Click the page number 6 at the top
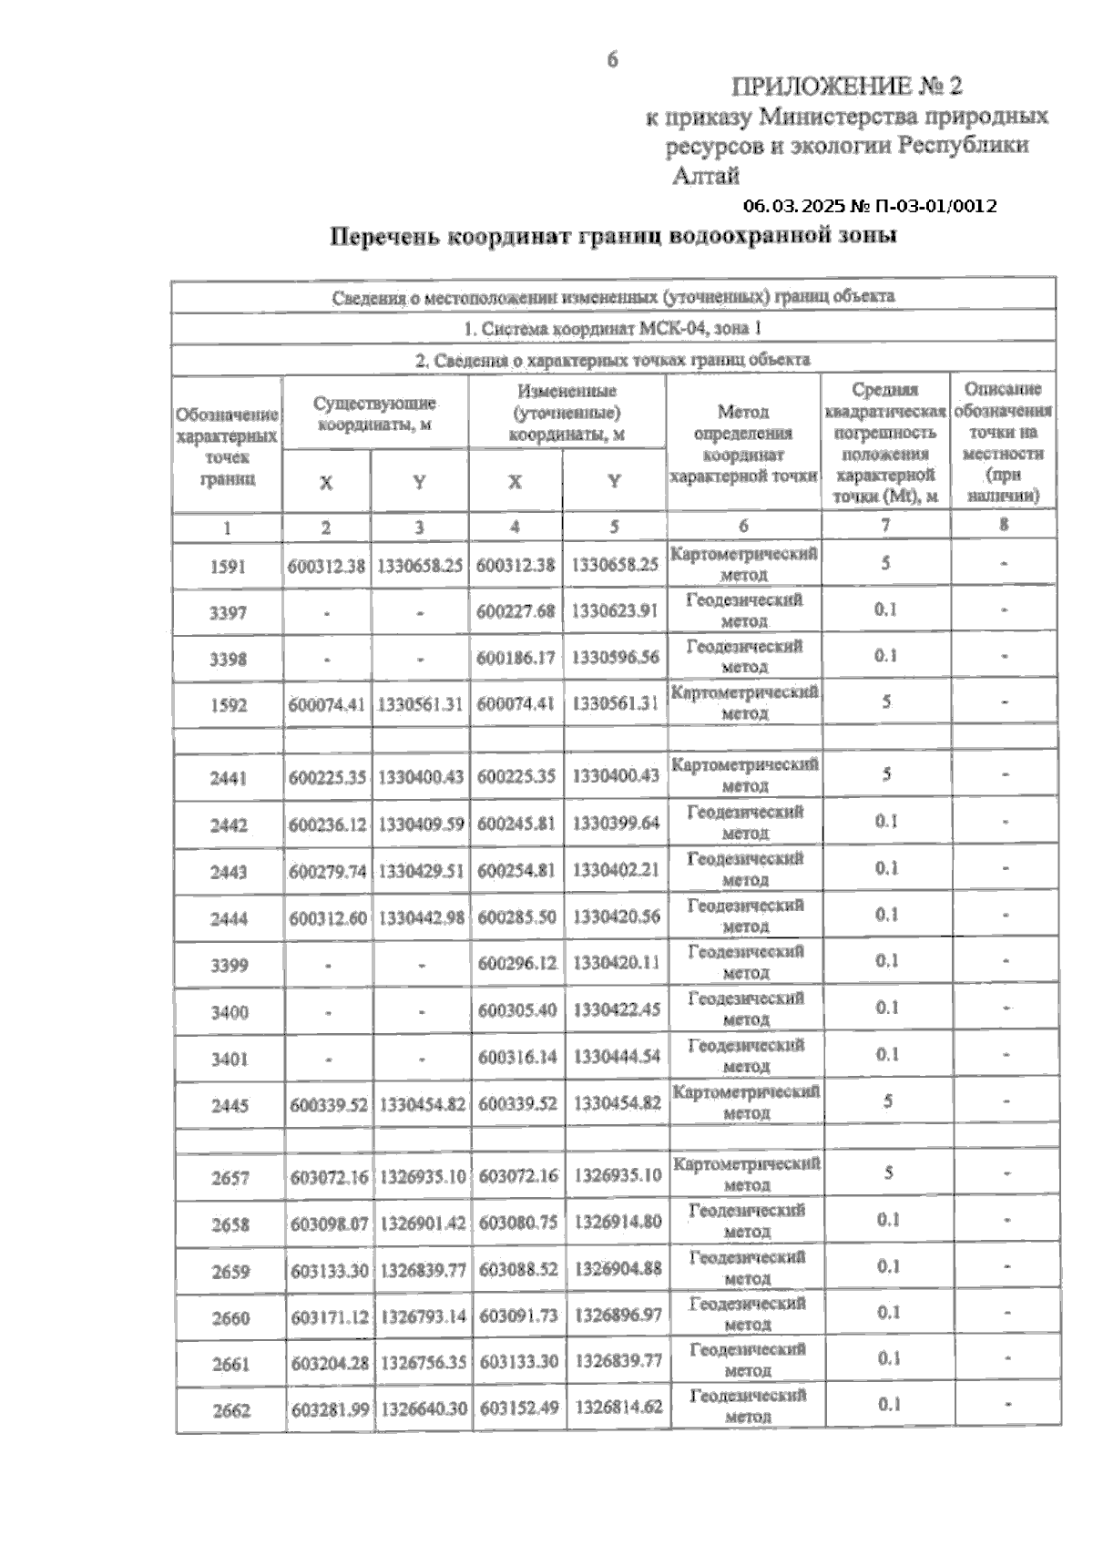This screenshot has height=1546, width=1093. pos(612,60)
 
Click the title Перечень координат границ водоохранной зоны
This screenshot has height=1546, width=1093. pos(613,237)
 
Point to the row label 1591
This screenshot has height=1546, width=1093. pos(228,566)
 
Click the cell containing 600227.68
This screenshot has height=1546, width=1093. pos(516,611)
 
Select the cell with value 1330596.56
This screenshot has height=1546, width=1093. pos(615,657)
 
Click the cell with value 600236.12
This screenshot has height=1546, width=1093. pos(328,824)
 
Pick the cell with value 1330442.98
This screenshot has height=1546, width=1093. pos(421,918)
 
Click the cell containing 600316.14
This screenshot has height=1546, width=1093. pos(517,1057)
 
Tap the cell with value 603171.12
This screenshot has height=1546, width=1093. pos(330,1316)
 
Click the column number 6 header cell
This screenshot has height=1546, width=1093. pos(743,526)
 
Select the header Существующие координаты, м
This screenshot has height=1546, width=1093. pos(374,414)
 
